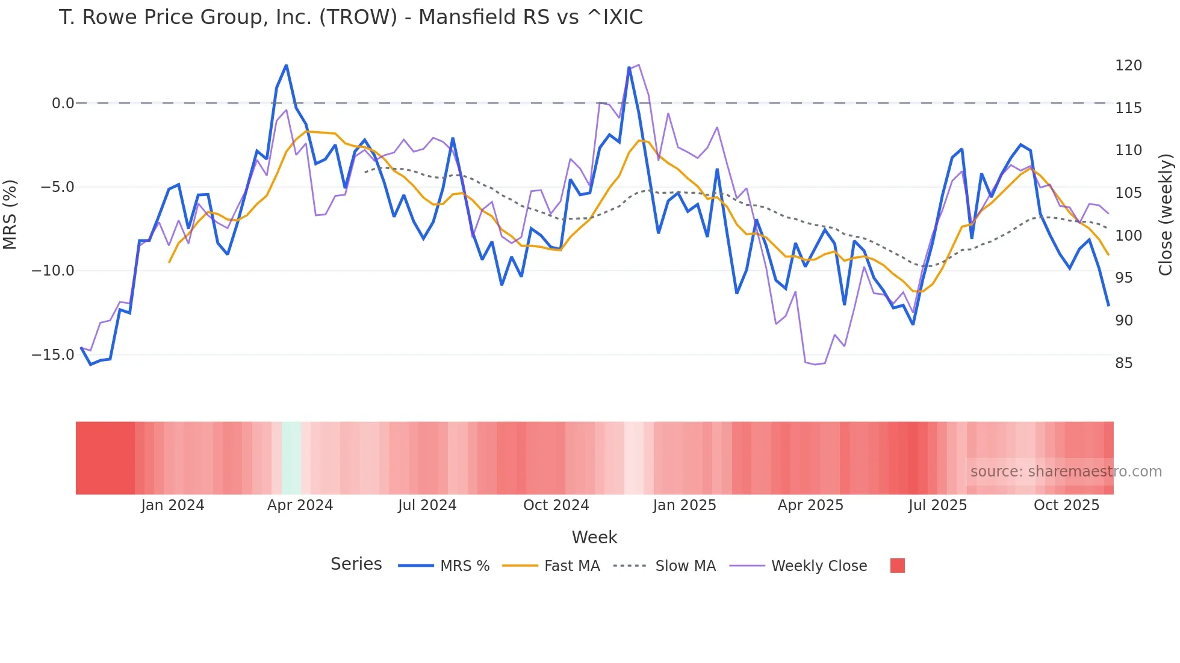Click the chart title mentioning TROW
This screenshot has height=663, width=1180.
tap(350, 17)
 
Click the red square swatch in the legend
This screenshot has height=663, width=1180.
tap(897, 566)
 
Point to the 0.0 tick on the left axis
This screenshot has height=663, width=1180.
tap(63, 103)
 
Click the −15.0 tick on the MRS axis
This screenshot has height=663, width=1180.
tap(53, 355)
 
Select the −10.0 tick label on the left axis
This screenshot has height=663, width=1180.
tap(53, 271)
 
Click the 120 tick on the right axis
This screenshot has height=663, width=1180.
tap(1128, 66)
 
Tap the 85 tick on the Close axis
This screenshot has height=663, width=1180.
tap(1123, 363)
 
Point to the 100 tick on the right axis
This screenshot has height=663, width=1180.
tap(1128, 236)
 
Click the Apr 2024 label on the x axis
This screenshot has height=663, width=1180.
tap(300, 505)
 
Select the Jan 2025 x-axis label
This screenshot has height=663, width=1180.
tap(685, 505)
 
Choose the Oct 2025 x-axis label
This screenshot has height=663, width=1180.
tap(1066, 505)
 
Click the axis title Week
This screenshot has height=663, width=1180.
tap(594, 537)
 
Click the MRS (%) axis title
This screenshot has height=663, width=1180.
tap(10, 214)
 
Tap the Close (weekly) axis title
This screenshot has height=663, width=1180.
tap(1166, 214)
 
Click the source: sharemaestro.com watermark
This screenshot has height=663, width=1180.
tap(1066, 472)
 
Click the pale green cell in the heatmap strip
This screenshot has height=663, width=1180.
tap(291, 458)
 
